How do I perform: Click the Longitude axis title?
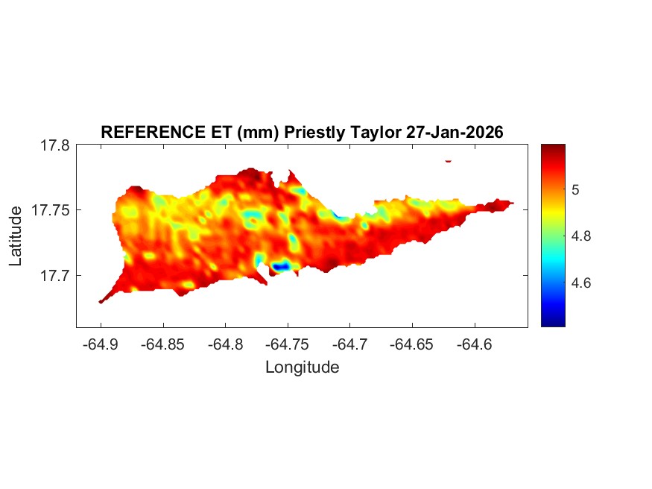pos(302,367)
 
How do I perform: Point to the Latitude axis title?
pos(16,236)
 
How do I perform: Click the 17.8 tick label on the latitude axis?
pos(55,145)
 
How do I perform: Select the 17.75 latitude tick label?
pos(51,210)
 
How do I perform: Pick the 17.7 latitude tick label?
pos(55,275)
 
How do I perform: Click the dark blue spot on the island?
pos(280,266)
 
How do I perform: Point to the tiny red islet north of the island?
pos(449,160)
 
